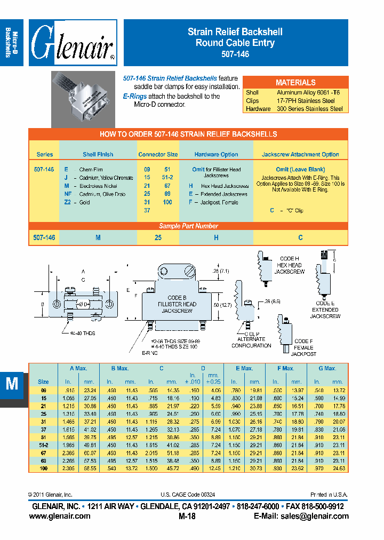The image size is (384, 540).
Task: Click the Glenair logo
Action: coord(73,43)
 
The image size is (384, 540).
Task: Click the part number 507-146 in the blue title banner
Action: coord(235,54)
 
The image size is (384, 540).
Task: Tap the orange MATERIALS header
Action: coord(295,82)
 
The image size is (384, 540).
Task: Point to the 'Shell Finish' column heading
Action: coord(98,155)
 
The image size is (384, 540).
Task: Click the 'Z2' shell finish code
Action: coord(68,202)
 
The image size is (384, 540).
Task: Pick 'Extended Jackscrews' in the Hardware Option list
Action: coord(219,194)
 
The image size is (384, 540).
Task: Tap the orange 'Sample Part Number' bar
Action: coord(189,226)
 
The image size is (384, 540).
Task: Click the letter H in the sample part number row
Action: coord(216,237)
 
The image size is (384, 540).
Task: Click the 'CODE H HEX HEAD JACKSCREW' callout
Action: coord(289,265)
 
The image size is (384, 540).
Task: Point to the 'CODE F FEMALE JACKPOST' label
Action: coord(305,347)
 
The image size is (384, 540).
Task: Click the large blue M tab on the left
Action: coord(12,384)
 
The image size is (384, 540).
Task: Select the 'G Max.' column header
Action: coord(327,368)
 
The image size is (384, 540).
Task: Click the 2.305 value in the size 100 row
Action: coord(68,468)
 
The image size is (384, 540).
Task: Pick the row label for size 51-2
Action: coord(43,444)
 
